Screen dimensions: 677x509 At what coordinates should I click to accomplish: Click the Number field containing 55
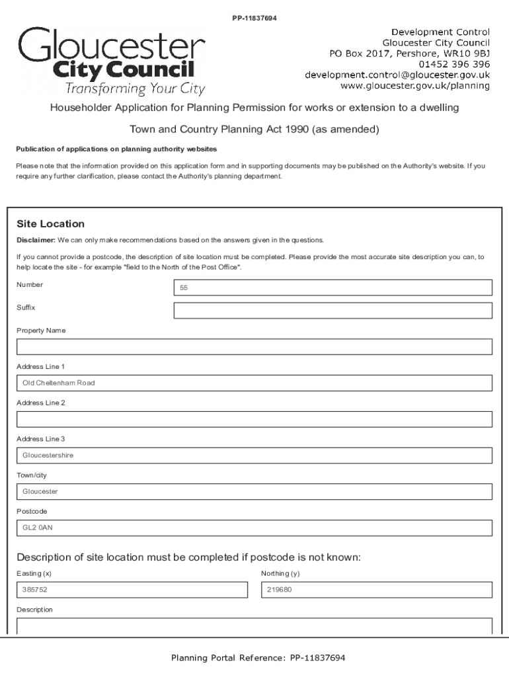(x=333, y=288)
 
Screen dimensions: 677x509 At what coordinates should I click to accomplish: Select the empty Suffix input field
(x=333, y=311)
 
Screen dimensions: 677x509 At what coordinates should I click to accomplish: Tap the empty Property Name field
(x=255, y=347)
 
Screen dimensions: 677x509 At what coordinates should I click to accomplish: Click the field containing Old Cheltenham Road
(x=255, y=383)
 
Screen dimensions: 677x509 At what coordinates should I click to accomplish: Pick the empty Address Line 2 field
(x=255, y=420)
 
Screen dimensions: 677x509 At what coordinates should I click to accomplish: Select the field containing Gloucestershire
(x=255, y=456)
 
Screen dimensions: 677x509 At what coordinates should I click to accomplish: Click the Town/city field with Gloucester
(x=255, y=492)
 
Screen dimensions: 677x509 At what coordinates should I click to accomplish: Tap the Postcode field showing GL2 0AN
(x=255, y=528)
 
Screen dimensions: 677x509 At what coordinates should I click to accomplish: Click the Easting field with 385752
(x=131, y=590)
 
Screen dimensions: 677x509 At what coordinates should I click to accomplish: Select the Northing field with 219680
(x=376, y=590)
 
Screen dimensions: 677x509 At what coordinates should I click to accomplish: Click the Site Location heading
(x=50, y=224)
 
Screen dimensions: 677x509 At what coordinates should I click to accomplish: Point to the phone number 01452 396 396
(x=454, y=64)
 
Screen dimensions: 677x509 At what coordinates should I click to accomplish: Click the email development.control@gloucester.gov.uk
(x=397, y=75)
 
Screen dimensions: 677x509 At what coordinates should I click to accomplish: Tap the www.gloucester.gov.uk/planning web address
(x=414, y=85)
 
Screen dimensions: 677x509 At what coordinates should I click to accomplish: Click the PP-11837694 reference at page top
(x=254, y=18)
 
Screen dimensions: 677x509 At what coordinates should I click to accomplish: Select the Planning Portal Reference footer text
(x=258, y=658)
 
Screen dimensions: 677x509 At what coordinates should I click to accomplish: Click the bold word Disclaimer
(x=36, y=240)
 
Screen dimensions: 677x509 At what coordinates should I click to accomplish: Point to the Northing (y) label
(x=280, y=573)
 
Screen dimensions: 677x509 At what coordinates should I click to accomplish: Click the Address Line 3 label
(x=40, y=439)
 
